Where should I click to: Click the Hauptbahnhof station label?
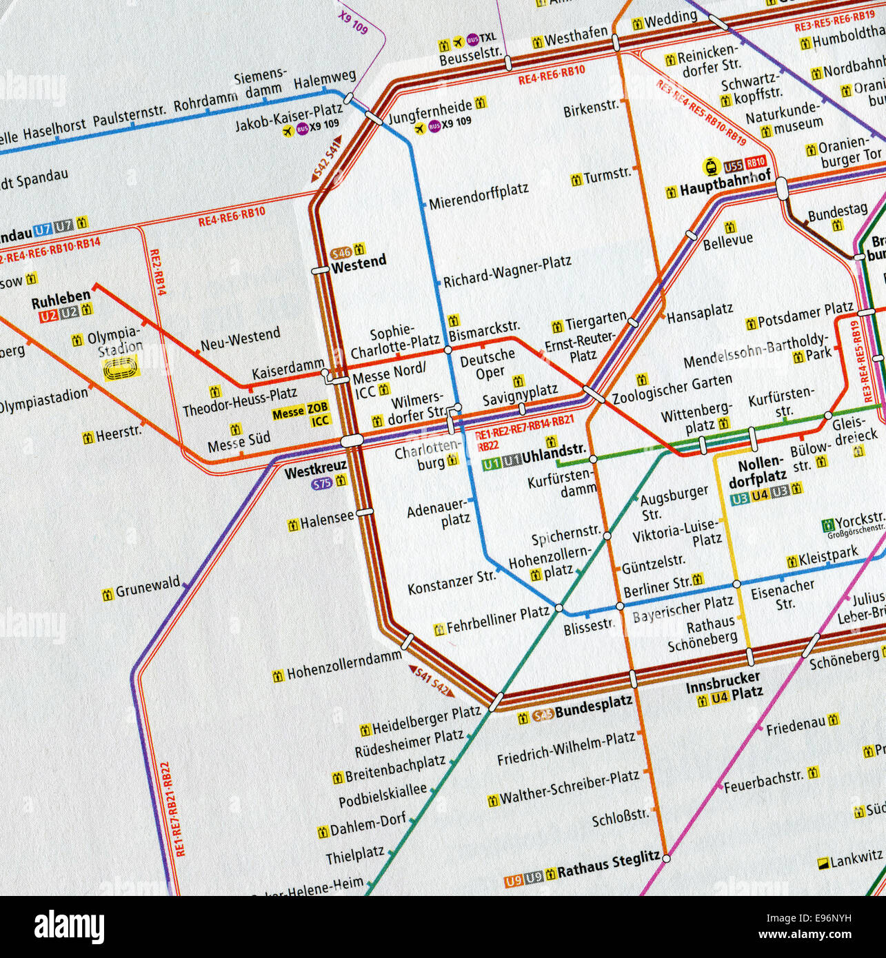point(725,186)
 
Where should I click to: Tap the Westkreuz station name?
point(314,473)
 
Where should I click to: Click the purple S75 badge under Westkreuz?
point(322,485)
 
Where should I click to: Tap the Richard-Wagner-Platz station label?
point(507,272)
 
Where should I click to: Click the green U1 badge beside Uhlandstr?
point(491,465)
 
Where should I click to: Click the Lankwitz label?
point(856,859)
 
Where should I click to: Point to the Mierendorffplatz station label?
point(479,196)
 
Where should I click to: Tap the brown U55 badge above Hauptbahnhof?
point(733,166)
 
